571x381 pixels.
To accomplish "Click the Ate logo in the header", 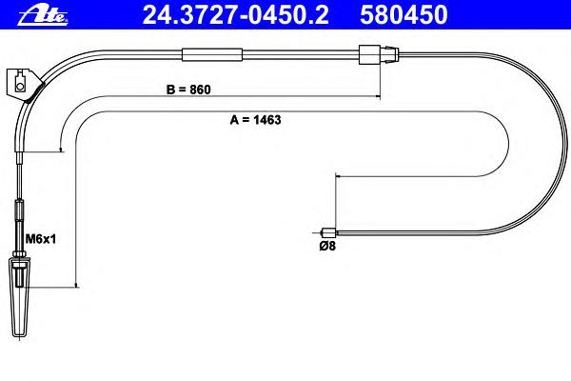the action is tap(43, 16).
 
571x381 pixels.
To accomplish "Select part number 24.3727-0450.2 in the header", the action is tap(236, 15).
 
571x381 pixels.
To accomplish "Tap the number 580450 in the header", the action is tap(404, 15).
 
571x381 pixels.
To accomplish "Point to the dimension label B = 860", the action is tap(188, 90).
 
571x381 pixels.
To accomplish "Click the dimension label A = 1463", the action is tap(255, 120).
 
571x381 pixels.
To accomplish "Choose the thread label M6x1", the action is tap(40, 239).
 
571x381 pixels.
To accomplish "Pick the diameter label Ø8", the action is tap(327, 246).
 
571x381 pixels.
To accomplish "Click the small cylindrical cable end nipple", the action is tap(329, 232).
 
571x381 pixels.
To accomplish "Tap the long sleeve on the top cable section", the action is tap(212, 54).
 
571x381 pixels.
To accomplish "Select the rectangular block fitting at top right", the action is tap(369, 54).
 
